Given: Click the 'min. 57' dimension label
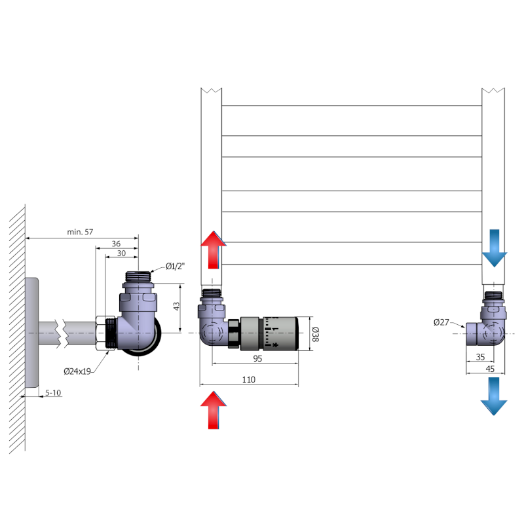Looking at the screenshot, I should click(x=81, y=232).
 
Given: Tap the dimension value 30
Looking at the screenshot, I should click(x=121, y=253).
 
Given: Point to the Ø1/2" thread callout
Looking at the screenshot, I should click(x=176, y=266).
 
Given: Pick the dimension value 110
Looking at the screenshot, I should click(x=248, y=379).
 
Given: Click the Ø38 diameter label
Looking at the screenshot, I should click(x=314, y=333).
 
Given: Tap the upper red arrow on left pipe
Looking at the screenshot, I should click(x=214, y=250).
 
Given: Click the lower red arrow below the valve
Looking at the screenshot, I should click(x=214, y=409).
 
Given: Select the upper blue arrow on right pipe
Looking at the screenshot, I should click(x=495, y=248).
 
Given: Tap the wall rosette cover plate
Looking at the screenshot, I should click(x=31, y=333).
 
